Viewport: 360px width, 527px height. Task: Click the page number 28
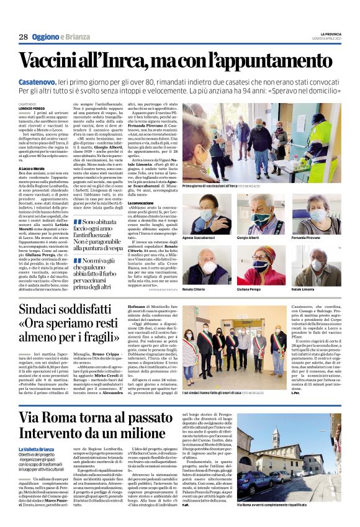(x=24, y=37)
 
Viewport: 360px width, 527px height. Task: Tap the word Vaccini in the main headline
(x=53, y=60)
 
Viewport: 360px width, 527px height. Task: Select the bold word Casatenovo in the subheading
(x=37, y=81)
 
